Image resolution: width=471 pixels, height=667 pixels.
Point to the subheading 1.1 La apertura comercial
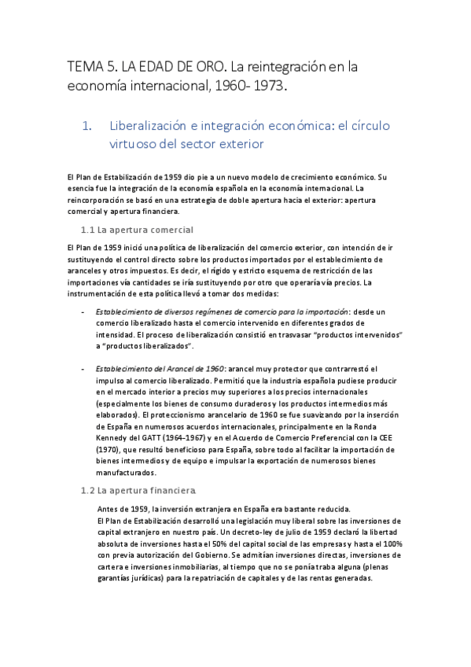coord(138,230)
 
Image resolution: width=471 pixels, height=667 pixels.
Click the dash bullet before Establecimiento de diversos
coord(84,312)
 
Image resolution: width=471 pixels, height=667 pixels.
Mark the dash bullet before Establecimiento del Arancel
coord(84,368)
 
